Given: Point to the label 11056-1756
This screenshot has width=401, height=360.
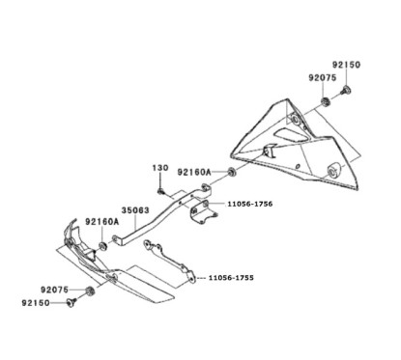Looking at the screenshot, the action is (x=251, y=205).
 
